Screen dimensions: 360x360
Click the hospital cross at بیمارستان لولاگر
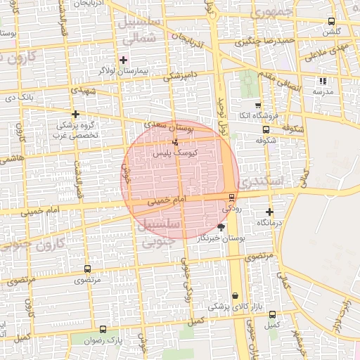(x=124, y=60)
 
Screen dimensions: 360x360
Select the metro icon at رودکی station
(x=231, y=197)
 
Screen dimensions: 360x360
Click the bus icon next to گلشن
(x=331, y=22)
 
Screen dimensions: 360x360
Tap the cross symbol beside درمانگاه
(x=269, y=212)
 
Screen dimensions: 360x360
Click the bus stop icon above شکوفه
(x=266, y=129)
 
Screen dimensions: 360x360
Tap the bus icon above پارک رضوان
(x=103, y=329)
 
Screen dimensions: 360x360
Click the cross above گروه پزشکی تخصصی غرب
(x=75, y=114)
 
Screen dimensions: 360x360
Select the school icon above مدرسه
(x=323, y=82)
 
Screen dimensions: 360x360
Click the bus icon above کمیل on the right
(x=273, y=314)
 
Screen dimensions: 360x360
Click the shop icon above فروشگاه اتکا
(x=258, y=104)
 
